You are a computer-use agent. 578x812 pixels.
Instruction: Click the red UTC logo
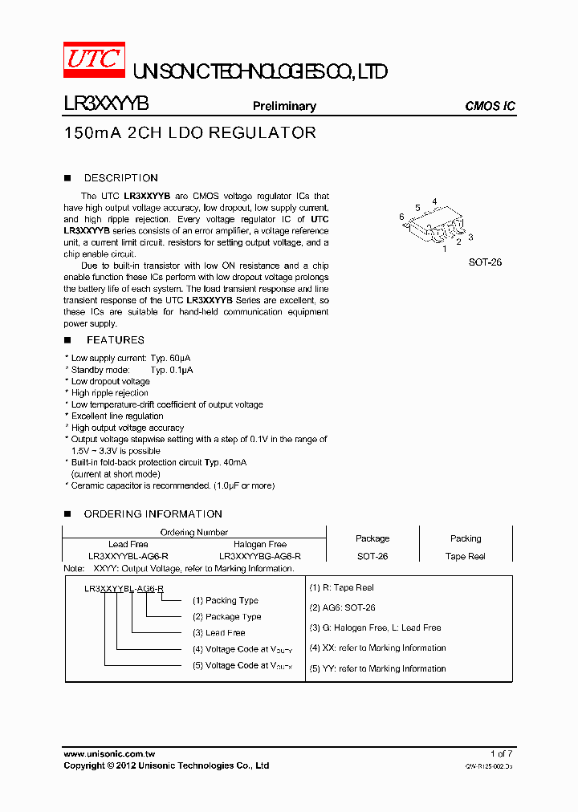(94, 59)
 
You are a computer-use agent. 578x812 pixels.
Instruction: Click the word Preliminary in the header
(284, 106)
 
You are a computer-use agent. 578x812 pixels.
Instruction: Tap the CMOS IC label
(490, 106)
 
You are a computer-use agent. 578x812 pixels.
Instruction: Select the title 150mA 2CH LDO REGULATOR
(189, 133)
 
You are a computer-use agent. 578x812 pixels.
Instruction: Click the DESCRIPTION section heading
(120, 178)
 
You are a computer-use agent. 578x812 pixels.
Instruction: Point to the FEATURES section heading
(116, 340)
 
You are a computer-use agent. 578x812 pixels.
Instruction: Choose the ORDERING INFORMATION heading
(153, 514)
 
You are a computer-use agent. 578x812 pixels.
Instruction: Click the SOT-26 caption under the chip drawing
(485, 262)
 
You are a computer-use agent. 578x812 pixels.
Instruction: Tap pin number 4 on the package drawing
(434, 201)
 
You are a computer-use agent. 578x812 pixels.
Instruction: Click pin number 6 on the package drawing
(401, 217)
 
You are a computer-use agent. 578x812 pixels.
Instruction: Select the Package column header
(372, 538)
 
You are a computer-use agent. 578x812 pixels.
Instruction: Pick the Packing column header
(466, 538)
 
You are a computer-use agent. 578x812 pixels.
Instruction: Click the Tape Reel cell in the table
(466, 556)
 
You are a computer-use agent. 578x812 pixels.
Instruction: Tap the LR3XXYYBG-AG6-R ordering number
(260, 556)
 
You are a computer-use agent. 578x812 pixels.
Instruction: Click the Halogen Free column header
(260, 544)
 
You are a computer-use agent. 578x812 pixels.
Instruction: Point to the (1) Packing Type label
(225, 600)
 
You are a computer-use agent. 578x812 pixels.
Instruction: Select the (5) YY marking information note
(377, 668)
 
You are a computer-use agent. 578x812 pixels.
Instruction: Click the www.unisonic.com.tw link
(109, 754)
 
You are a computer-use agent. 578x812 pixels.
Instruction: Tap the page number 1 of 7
(500, 753)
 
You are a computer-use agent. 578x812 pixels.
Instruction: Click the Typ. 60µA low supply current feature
(131, 358)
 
